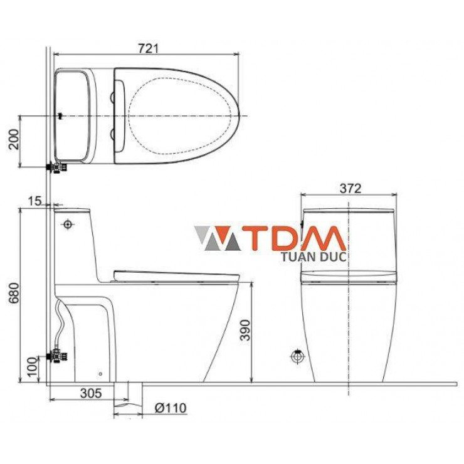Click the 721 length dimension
[148, 47]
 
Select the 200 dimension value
[13, 141]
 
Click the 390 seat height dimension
[245, 330]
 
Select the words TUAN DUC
[314, 256]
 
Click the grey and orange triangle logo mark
[216, 239]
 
